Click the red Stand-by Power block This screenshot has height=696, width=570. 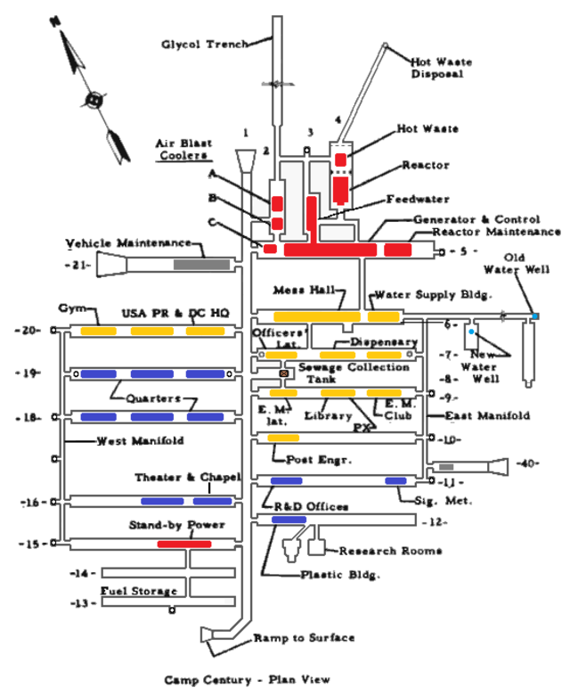point(184,544)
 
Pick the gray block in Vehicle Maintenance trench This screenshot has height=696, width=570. point(201,264)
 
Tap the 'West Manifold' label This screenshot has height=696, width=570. point(128,441)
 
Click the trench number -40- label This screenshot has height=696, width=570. point(529,463)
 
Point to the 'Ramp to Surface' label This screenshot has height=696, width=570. point(304,638)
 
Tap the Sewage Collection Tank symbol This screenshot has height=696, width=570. point(285,373)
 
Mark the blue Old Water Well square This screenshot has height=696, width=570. point(534,315)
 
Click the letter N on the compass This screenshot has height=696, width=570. point(55,19)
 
